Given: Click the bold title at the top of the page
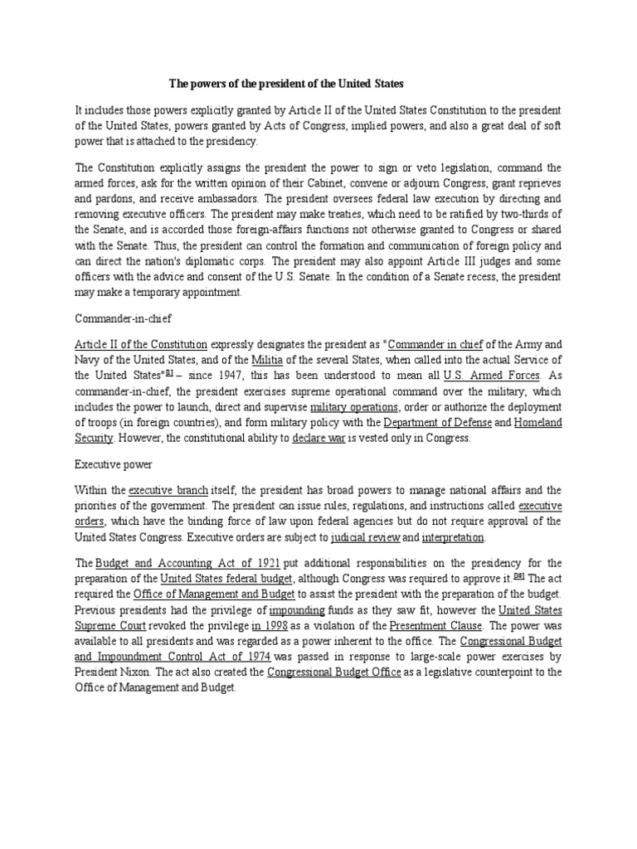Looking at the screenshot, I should point(286,84).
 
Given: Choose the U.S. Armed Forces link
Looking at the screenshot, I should point(490,375).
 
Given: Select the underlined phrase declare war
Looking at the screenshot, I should point(318,439).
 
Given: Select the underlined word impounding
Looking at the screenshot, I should point(297,610).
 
